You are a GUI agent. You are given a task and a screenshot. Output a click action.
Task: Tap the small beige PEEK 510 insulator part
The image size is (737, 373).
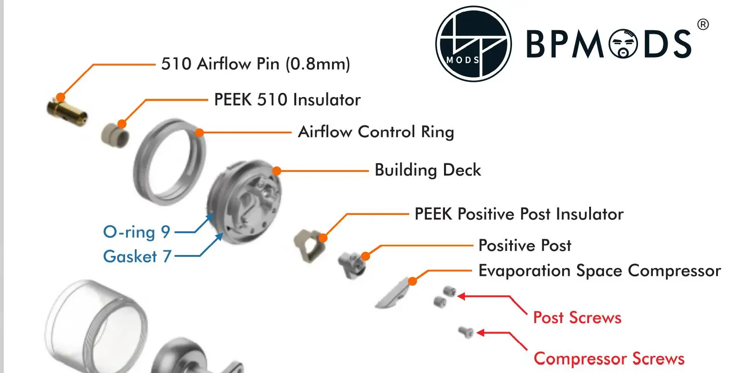(115, 136)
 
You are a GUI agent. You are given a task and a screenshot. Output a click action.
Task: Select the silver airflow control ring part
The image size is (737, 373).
(170, 162)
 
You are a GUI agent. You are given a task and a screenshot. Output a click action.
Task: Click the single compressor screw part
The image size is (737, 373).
(465, 332)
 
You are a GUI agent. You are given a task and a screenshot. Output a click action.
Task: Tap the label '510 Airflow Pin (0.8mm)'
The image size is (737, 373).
(255, 64)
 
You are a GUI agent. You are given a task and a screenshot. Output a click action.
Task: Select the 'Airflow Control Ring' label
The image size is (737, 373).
(376, 132)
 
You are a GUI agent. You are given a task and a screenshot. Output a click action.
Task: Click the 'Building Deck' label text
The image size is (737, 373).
(427, 170)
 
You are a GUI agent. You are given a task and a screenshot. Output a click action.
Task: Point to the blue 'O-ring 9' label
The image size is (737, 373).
(136, 232)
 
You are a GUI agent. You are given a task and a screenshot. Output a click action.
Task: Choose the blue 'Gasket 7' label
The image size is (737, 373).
(137, 256)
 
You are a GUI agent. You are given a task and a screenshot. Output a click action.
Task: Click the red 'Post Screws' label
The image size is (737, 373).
(577, 318)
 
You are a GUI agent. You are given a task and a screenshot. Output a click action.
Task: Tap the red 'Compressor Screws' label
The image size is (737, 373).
(609, 359)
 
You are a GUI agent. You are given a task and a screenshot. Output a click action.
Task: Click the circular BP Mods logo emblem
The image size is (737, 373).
(473, 44)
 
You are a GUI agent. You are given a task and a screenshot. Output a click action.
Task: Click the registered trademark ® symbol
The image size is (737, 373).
(703, 25)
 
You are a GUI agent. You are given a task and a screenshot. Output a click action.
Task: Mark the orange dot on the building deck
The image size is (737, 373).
(277, 171)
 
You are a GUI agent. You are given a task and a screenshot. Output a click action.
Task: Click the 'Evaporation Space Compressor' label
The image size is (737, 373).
(599, 271)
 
